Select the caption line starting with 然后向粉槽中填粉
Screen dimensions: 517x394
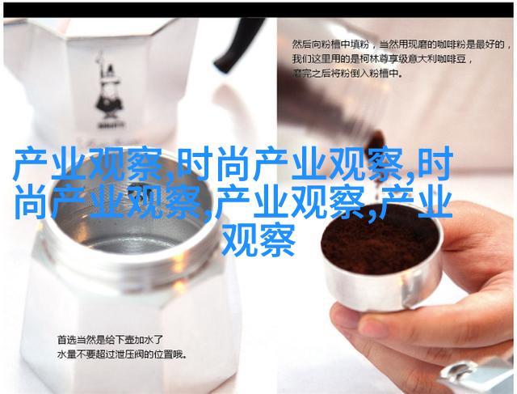(x=398, y=45)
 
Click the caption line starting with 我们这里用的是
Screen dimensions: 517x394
(x=383, y=59)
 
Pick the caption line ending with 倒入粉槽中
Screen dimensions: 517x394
(x=347, y=74)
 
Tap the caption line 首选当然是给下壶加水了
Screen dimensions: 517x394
(x=110, y=340)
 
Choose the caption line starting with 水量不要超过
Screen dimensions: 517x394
(x=122, y=354)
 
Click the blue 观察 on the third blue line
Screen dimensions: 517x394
(x=258, y=240)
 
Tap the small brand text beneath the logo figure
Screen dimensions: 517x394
(x=110, y=126)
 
